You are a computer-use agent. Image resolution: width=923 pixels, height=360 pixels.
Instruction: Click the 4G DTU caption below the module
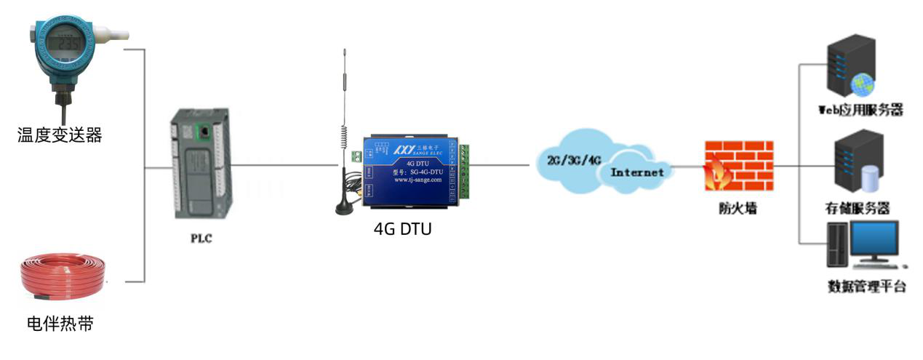point(402,229)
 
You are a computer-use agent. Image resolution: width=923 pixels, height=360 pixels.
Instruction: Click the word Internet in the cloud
point(636,173)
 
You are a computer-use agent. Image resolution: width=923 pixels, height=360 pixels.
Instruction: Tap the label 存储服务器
point(858,209)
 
